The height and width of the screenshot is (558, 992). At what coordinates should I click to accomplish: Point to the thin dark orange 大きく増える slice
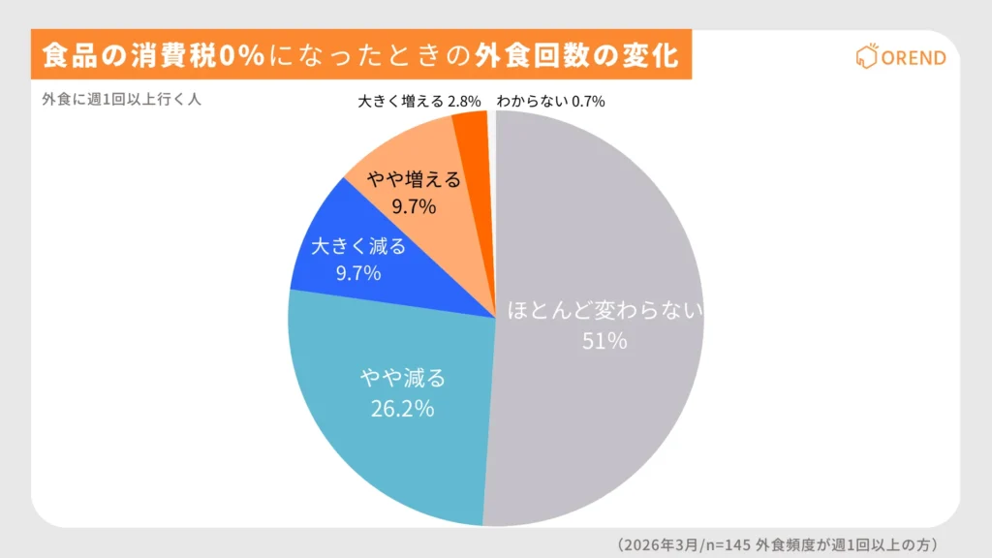tap(472, 131)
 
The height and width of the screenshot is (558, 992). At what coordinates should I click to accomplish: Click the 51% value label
tap(604, 341)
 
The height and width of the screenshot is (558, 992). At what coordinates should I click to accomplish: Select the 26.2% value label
tap(402, 408)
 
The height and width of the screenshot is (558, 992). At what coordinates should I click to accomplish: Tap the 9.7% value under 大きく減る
tap(358, 273)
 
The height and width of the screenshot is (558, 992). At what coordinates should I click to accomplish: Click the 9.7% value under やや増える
tap(414, 206)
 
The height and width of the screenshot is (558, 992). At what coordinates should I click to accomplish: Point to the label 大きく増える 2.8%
tap(421, 101)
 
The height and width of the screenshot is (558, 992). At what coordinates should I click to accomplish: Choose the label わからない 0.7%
tap(550, 101)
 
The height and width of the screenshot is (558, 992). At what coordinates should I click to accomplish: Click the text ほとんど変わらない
tap(604, 312)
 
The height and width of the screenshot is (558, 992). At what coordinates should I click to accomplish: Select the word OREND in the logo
tap(914, 58)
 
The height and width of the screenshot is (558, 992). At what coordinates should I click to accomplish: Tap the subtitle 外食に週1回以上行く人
tap(121, 99)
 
